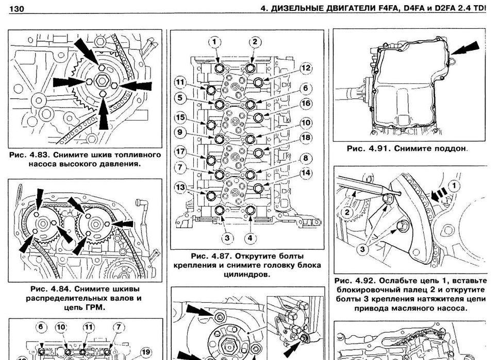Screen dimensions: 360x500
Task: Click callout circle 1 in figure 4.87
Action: tap(215, 42)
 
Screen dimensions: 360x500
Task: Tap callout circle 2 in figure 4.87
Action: tap(255, 42)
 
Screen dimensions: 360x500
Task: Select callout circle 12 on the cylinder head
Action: tap(306, 67)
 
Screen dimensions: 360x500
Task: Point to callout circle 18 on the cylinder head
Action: tap(306, 138)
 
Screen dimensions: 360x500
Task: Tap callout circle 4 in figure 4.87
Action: tap(249, 237)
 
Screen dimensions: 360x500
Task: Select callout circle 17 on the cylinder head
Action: tap(180, 152)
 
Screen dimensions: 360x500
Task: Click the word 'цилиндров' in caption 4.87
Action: tap(248, 275)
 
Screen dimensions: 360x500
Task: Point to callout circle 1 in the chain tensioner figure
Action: tap(454, 185)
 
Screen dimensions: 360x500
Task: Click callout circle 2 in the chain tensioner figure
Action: tap(347, 212)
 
